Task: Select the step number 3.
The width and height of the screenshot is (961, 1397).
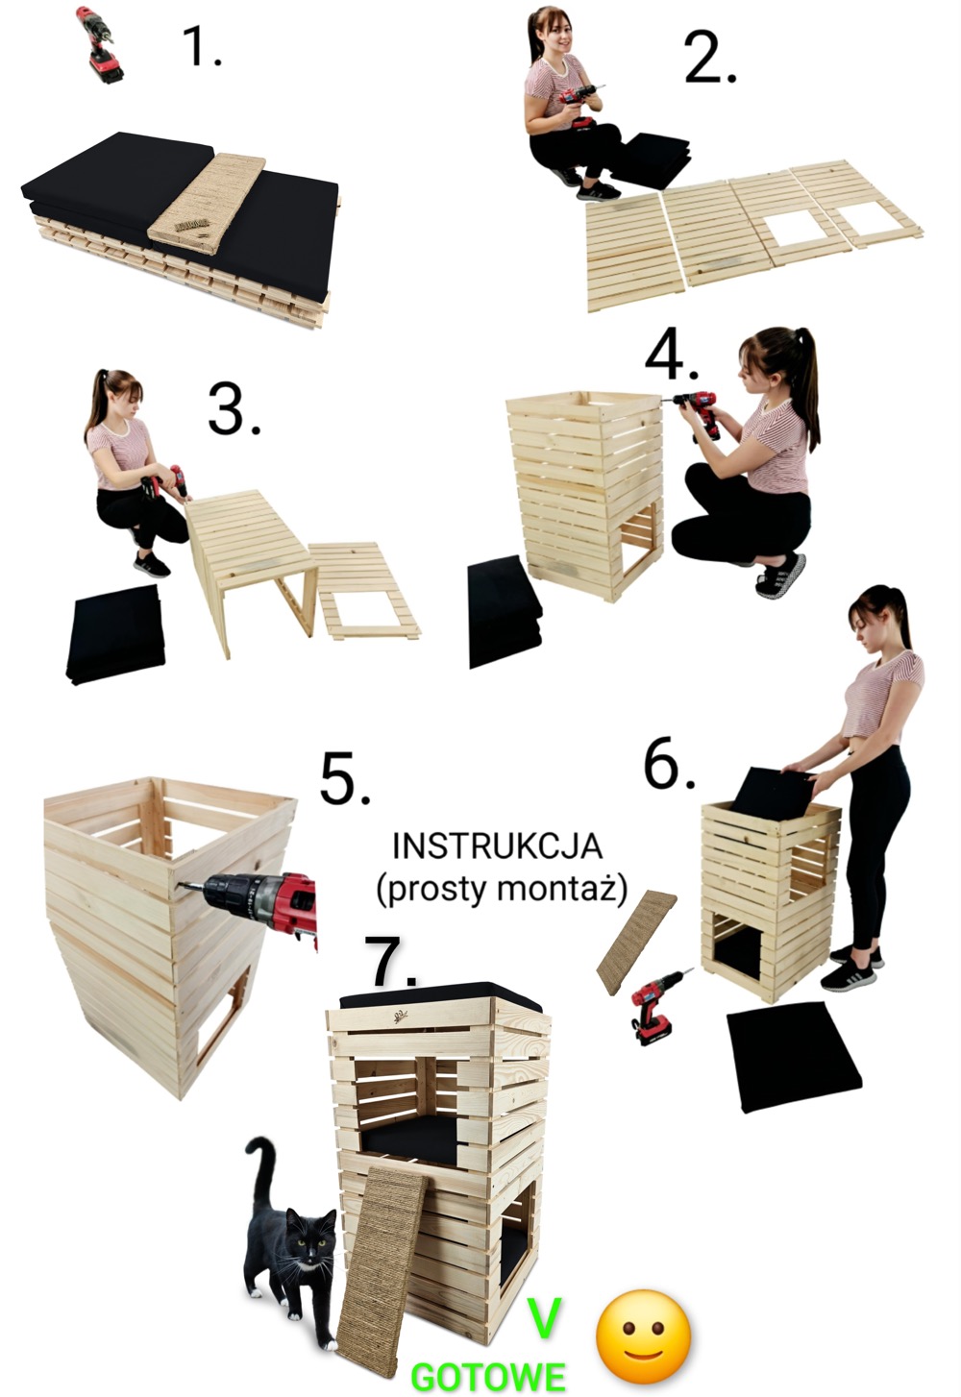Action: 234,409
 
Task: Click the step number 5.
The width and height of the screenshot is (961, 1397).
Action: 345,777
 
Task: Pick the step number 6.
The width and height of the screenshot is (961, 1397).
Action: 669,763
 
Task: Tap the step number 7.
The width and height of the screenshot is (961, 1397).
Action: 392,961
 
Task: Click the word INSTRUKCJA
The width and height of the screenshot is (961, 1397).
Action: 497,846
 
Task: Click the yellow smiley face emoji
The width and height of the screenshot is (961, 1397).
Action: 644,1325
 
